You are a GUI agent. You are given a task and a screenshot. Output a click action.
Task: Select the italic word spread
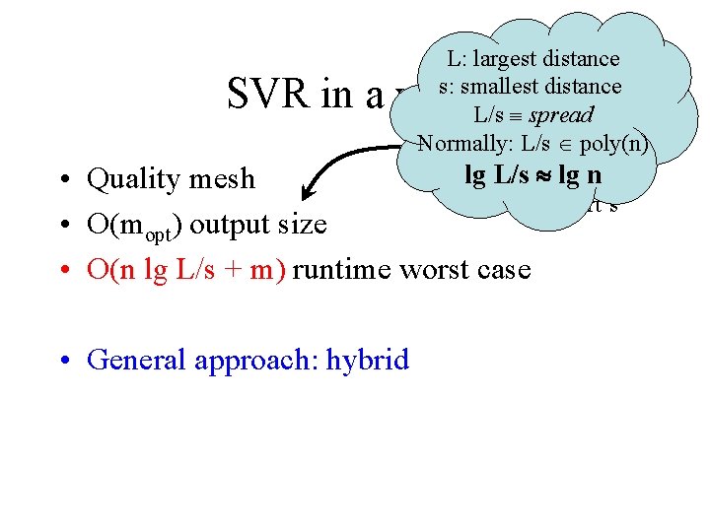(x=560, y=114)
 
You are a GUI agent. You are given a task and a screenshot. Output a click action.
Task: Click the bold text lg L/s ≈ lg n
(x=532, y=176)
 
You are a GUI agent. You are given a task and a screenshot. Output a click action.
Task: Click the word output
(x=230, y=226)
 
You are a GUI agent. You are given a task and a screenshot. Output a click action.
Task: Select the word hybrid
(x=369, y=360)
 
